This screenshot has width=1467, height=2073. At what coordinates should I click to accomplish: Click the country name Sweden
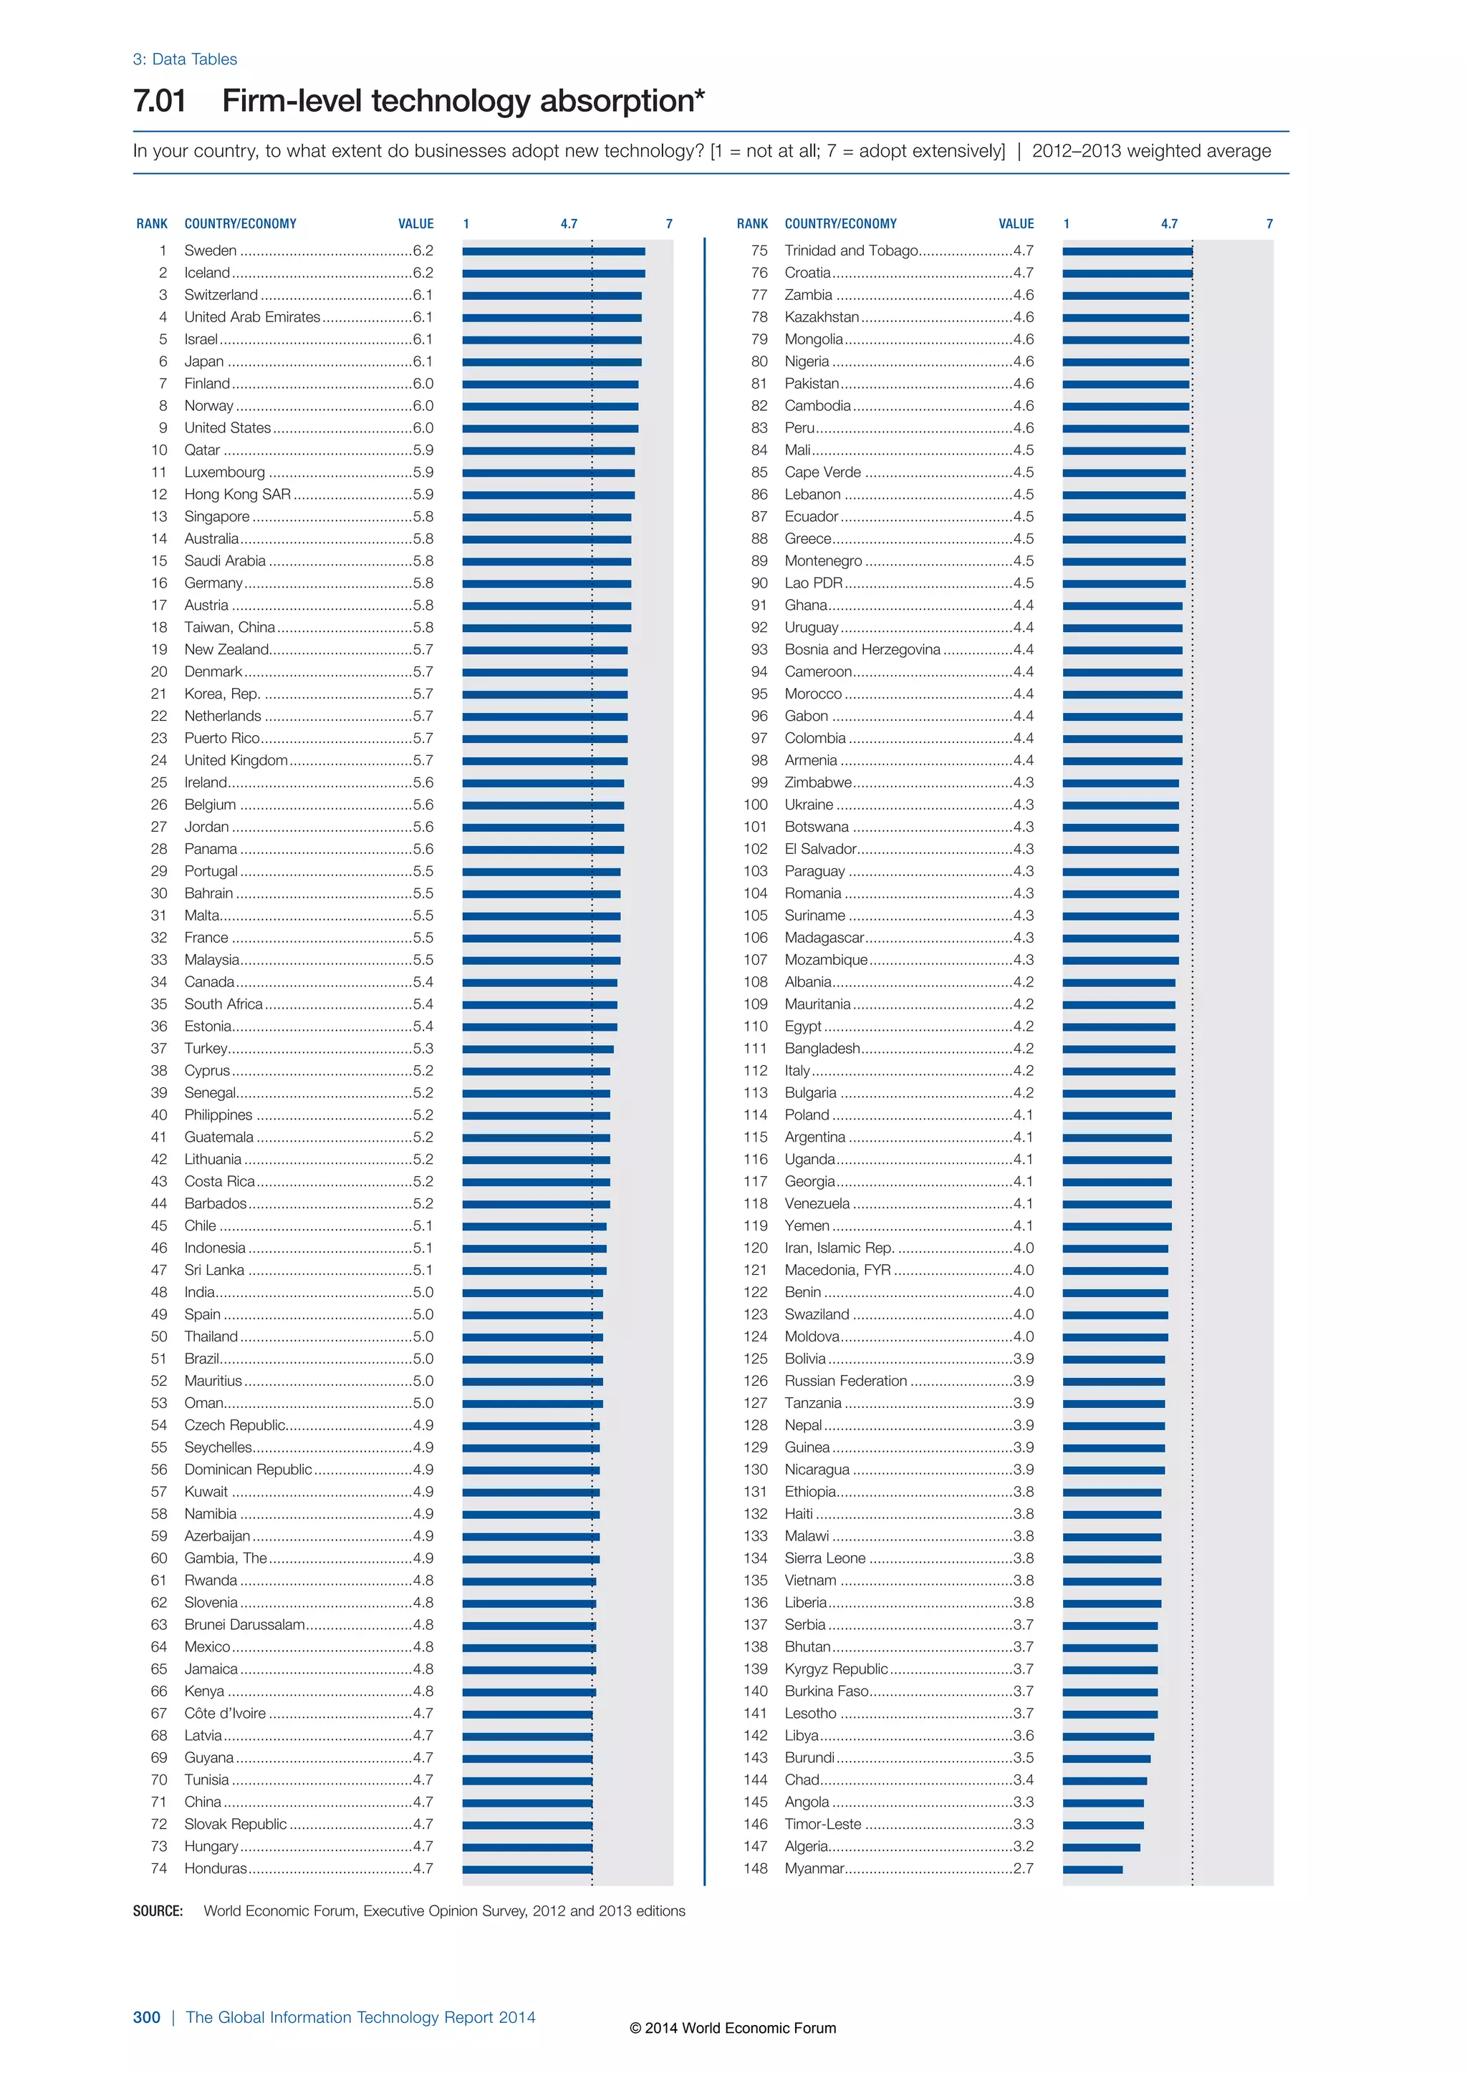point(211,250)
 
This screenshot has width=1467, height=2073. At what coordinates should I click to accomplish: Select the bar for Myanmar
point(1092,1869)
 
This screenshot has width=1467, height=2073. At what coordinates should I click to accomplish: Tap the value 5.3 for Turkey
point(423,1048)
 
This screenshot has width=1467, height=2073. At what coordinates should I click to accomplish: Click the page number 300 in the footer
point(146,2017)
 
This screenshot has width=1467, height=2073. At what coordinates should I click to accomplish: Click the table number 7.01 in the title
point(160,100)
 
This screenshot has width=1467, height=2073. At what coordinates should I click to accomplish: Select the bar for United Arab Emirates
point(551,318)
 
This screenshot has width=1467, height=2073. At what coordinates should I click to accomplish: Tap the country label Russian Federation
point(845,1381)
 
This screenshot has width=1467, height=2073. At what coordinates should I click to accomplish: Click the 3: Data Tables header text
point(186,59)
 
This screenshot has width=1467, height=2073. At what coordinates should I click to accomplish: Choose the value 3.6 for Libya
point(1024,1735)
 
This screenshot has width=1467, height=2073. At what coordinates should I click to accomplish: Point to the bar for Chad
point(1104,1780)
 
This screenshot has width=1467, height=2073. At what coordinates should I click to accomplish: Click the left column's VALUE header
point(415,224)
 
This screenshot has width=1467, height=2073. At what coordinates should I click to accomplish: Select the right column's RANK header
point(751,224)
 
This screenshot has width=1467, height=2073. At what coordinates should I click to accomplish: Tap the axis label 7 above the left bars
point(669,224)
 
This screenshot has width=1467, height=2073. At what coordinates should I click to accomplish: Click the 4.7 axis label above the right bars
point(1169,224)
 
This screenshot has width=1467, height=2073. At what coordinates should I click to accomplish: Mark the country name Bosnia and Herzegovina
point(862,649)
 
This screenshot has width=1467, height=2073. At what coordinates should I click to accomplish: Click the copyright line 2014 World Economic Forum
point(733,2028)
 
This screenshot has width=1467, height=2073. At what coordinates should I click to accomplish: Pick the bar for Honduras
point(526,1869)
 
